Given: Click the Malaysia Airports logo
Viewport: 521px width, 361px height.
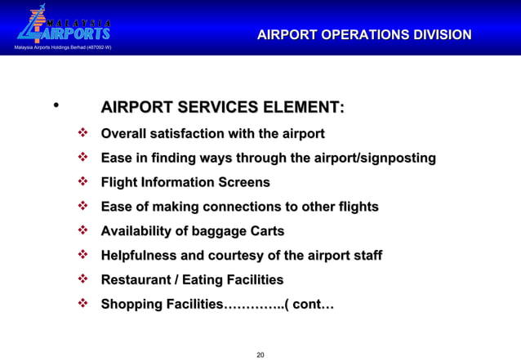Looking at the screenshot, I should point(63,26).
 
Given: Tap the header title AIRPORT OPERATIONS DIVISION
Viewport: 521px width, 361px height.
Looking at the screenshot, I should point(364,35).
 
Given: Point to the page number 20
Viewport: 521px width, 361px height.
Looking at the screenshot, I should point(260,354).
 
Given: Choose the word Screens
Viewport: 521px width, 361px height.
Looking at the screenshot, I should point(243,182).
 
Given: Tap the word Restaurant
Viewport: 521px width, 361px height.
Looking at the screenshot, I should point(136,280).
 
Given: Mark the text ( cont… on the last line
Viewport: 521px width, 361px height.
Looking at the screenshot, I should point(308,305).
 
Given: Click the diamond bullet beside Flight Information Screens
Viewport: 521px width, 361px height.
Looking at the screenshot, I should point(82,181).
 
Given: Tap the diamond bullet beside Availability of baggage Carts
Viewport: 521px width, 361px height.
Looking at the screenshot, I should point(82,230).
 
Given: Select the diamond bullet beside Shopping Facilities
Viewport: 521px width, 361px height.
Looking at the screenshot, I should point(82,304).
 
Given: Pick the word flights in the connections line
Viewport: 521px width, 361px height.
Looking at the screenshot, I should point(357,207).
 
